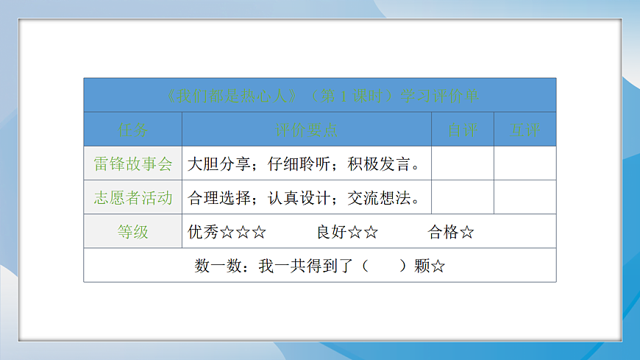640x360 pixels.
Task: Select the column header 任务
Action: coord(133,130)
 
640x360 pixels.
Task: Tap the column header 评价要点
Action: coord(306,130)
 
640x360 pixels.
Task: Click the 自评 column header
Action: coord(463,130)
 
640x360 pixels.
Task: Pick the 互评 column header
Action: coord(525,130)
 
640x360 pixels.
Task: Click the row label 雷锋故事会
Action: coord(133,163)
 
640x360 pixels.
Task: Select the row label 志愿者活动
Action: coord(133,197)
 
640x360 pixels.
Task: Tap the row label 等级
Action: coord(133,232)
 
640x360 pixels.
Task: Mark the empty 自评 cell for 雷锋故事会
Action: coord(463,163)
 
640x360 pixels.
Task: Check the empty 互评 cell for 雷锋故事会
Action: coord(525,163)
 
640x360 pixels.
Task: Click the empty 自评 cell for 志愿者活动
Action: coord(463,197)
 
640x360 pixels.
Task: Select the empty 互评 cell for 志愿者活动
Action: coord(525,197)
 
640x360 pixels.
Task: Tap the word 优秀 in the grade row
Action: coord(203,233)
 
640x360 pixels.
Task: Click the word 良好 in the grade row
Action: coord(332,233)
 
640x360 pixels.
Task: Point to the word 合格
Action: coord(443,233)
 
